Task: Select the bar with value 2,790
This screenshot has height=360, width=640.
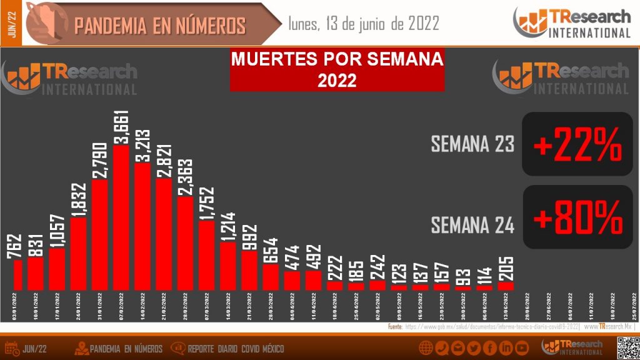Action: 100,234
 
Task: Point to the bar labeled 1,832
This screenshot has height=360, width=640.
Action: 79,253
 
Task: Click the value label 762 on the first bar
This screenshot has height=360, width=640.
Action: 16,246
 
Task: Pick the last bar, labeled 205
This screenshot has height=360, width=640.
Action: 505,286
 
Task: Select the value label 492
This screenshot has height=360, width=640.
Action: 313,256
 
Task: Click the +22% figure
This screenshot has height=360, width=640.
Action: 577,145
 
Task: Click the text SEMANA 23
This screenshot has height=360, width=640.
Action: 472,144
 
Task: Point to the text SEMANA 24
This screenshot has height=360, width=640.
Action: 472,224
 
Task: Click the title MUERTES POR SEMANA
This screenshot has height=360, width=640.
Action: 337,60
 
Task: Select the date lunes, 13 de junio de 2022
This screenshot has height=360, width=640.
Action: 364,24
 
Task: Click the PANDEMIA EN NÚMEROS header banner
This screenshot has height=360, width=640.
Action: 160,26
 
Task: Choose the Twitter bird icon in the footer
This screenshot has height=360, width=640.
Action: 474,348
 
